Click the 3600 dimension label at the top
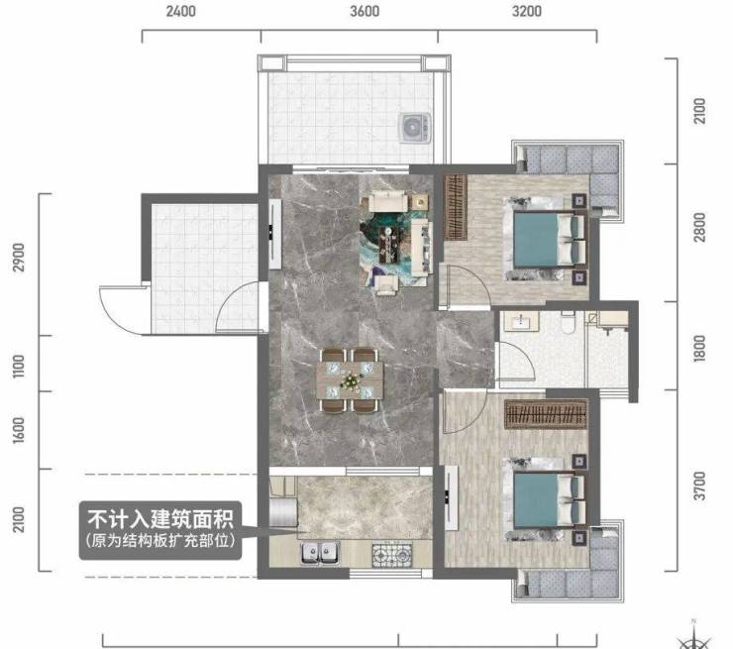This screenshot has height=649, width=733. (365, 11)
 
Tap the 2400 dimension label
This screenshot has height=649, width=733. (181, 11)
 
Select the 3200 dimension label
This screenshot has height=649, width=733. (527, 11)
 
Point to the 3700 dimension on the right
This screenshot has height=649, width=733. (699, 486)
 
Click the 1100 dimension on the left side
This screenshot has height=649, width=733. (18, 366)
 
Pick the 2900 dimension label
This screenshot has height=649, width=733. (18, 257)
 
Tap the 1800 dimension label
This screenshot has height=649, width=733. (699, 348)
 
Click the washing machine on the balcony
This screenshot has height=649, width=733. (415, 127)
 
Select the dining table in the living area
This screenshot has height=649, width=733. (350, 380)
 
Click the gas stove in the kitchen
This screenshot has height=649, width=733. (392, 555)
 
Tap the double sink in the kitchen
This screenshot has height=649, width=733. (321, 552)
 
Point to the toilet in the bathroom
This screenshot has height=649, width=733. (568, 322)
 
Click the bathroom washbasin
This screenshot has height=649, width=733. (520, 321)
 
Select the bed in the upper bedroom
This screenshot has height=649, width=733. (546, 239)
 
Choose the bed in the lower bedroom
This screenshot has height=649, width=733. (546, 499)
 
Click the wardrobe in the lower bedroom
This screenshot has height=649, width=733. (546, 414)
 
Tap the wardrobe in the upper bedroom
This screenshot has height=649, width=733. (456, 207)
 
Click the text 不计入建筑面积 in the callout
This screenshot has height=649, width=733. (160, 519)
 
